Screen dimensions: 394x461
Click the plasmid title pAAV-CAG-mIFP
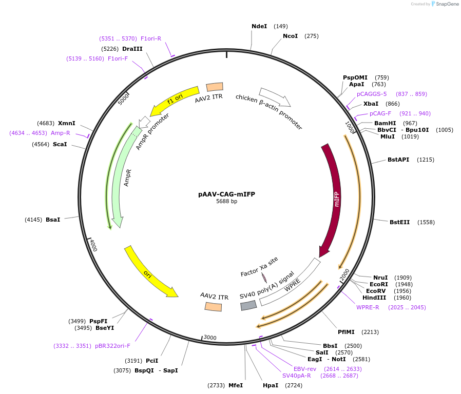click(226, 194)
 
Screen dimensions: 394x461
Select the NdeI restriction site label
click(259, 26)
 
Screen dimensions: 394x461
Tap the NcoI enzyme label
click(290, 36)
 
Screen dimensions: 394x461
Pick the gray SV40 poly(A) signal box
click(248, 305)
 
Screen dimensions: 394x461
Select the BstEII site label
click(399, 222)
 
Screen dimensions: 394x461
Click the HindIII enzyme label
click(374, 298)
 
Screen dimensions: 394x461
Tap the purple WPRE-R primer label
click(368, 307)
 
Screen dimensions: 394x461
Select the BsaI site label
click(53, 220)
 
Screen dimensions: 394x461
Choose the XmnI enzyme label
click(66, 123)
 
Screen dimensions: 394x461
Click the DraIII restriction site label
click(132, 49)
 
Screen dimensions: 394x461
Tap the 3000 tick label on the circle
click(210, 337)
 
